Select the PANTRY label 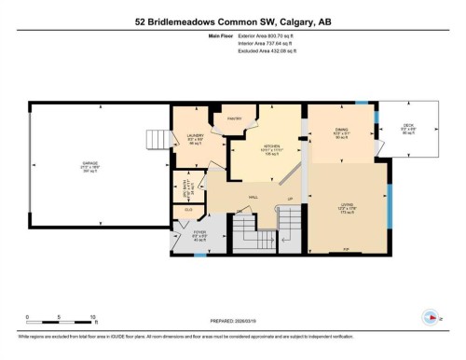click(x=235, y=118)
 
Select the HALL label click(x=253, y=197)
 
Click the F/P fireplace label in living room click(x=346, y=250)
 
